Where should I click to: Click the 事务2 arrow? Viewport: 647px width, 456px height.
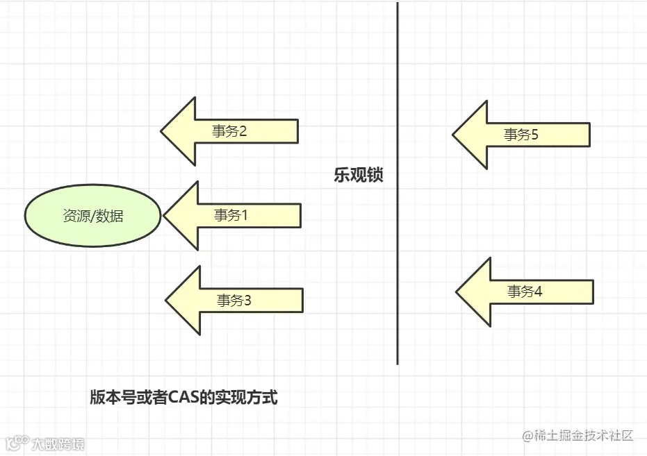tap(229, 131)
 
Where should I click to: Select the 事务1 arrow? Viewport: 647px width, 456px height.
tap(233, 215)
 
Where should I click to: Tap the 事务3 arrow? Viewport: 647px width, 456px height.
tap(235, 301)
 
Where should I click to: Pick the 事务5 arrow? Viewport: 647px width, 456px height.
tap(521, 135)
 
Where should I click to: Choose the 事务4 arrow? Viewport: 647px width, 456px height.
tap(525, 292)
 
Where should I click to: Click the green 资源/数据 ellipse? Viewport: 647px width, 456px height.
tap(93, 215)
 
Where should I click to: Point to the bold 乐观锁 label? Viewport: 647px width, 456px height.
tap(359, 176)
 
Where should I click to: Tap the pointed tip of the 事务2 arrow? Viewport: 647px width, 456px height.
tap(163, 131)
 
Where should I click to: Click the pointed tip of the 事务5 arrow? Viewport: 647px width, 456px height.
tap(454, 135)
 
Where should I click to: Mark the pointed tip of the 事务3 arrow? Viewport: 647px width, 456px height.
tap(167, 301)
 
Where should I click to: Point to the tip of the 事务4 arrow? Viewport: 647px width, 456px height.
tap(458, 292)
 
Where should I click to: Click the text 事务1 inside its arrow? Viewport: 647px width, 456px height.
tap(231, 215)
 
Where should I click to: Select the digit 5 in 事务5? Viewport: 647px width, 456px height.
tap(534, 135)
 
